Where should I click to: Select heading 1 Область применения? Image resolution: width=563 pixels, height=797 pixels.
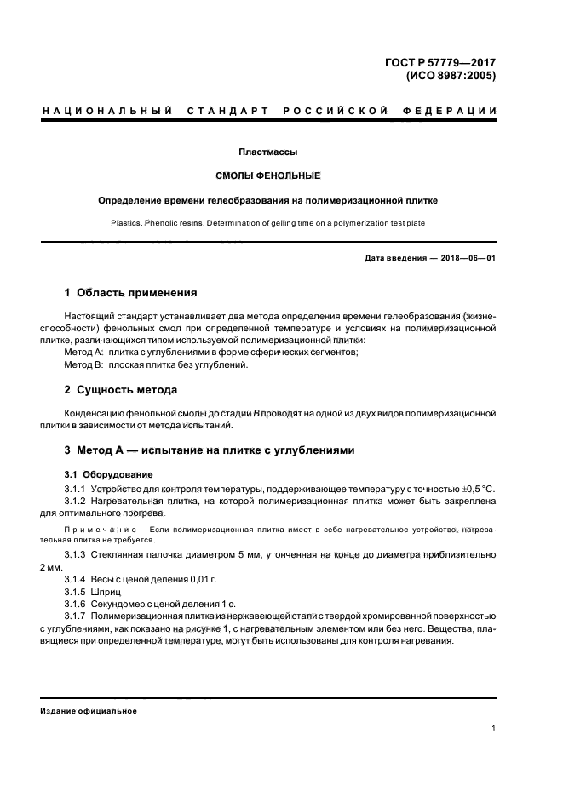pyautogui.click(x=130, y=293)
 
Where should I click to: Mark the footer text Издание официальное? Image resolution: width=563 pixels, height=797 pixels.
pyautogui.click(x=89, y=711)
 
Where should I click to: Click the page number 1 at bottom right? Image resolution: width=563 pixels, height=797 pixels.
pyautogui.click(x=494, y=728)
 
